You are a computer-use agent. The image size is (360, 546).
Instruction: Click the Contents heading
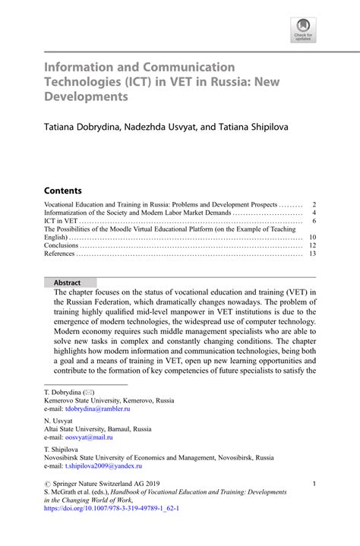(x=62, y=190)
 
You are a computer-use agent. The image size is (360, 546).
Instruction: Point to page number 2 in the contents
(x=313, y=205)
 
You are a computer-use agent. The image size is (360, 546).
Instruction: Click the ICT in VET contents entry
(x=60, y=221)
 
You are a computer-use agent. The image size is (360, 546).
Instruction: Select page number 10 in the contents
(x=311, y=238)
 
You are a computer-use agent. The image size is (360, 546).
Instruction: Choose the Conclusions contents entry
(x=61, y=245)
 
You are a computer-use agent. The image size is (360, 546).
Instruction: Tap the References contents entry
(x=59, y=254)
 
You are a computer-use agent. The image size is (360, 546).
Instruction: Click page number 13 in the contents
(x=311, y=254)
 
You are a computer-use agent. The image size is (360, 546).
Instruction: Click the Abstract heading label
(x=68, y=282)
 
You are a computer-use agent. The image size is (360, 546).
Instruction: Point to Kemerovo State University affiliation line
(x=109, y=399)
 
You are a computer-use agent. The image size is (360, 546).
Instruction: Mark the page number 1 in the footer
(x=314, y=484)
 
